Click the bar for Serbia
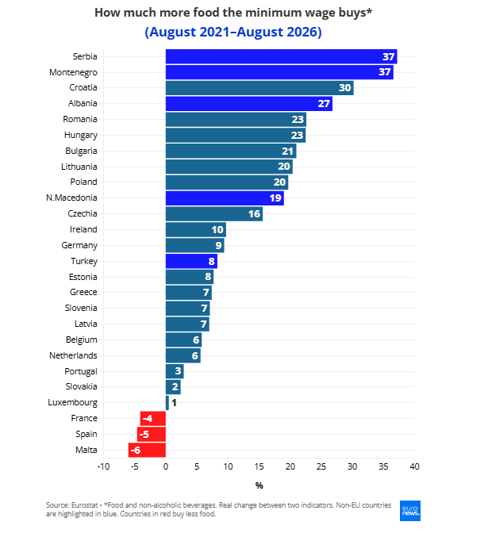click(x=281, y=56)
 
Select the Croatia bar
click(x=259, y=88)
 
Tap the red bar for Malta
click(x=147, y=450)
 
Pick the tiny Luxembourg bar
click(x=167, y=403)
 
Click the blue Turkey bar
click(x=191, y=261)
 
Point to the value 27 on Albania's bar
click(x=324, y=103)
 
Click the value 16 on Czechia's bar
click(x=254, y=214)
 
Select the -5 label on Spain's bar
click(x=144, y=434)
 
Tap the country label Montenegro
click(x=73, y=72)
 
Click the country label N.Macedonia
click(x=71, y=198)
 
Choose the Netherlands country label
click(x=73, y=355)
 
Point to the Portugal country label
click(x=81, y=371)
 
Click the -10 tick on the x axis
click(x=103, y=466)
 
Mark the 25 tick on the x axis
click(x=321, y=466)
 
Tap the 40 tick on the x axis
click(x=414, y=466)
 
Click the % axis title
click(x=259, y=485)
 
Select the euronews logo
click(x=410, y=511)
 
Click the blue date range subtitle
click(x=233, y=32)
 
